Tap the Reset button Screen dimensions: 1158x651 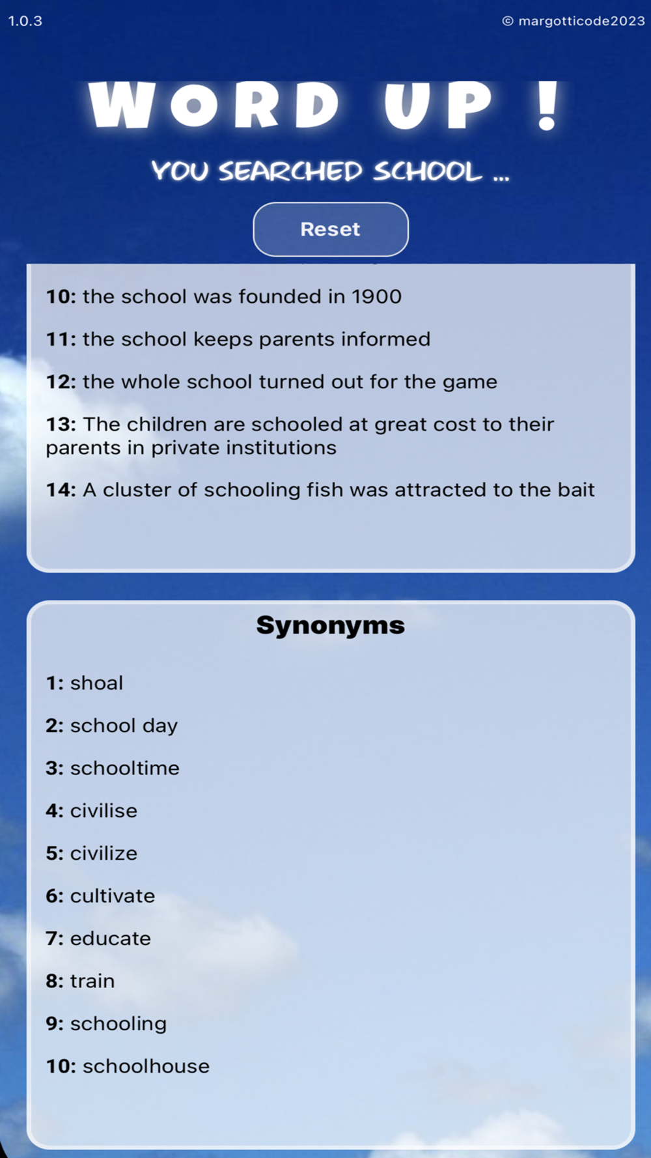(x=330, y=229)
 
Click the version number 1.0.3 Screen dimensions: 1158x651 (x=25, y=21)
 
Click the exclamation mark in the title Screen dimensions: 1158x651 (x=547, y=106)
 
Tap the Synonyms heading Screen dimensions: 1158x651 (x=330, y=625)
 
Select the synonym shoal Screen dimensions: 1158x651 (x=96, y=683)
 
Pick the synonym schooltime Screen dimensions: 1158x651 (x=124, y=769)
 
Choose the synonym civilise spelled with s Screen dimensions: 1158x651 (x=104, y=811)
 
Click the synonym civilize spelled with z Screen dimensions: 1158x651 (x=104, y=853)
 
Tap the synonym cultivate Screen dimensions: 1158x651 (x=112, y=896)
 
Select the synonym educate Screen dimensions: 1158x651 (x=110, y=939)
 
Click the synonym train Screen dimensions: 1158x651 (x=92, y=981)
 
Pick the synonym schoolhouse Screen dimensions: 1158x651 (x=146, y=1066)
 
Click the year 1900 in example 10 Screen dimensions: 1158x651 (x=376, y=297)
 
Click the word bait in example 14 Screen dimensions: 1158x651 (x=576, y=490)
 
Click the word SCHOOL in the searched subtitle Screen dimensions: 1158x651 (x=428, y=171)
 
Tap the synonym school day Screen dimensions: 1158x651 (x=124, y=726)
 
